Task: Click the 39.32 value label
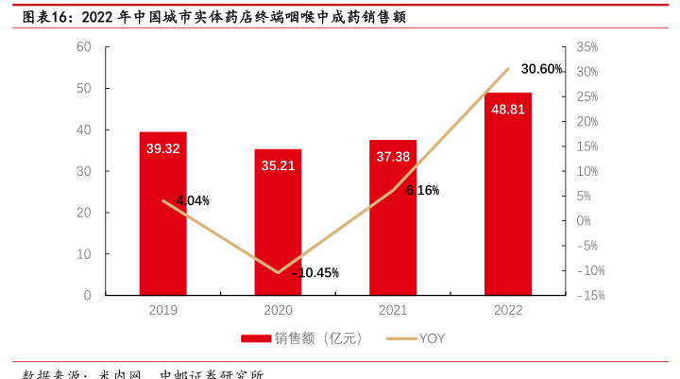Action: [x=163, y=148]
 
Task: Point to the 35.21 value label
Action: [x=278, y=165]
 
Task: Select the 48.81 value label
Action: [x=508, y=110]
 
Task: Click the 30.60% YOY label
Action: [x=541, y=69]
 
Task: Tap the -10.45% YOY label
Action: [x=315, y=273]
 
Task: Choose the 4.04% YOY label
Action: [x=193, y=200]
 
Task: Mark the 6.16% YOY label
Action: [x=422, y=190]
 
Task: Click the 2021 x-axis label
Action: [x=393, y=310]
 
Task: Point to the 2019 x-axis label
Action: [x=163, y=310]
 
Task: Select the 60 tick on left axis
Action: [x=84, y=47]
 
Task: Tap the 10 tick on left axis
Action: [x=84, y=254]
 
